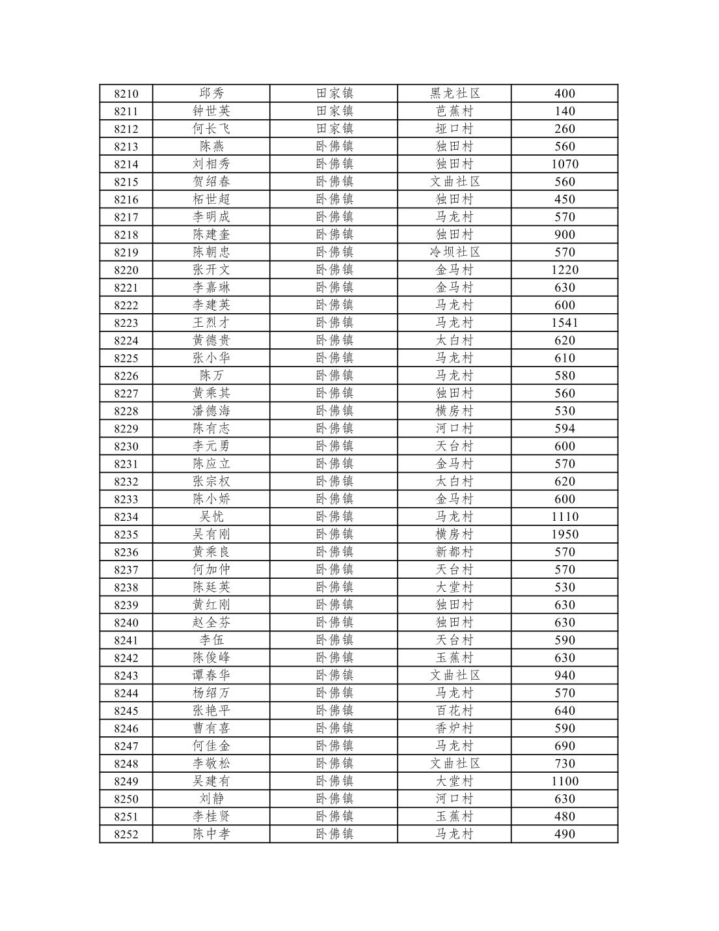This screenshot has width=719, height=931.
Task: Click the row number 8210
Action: (x=126, y=94)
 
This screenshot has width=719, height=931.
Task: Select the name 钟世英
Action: (x=211, y=111)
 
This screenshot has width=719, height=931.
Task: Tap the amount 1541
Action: (x=564, y=323)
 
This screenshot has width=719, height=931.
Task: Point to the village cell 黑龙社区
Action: (x=455, y=94)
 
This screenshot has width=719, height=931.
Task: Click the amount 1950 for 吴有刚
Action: (x=564, y=535)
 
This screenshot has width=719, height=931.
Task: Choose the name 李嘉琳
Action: (x=211, y=288)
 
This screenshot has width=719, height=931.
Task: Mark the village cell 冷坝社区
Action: (x=455, y=253)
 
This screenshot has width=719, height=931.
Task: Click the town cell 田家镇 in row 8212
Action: (x=334, y=129)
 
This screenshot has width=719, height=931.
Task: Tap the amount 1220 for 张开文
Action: (x=564, y=270)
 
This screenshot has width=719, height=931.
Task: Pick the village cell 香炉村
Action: (x=455, y=729)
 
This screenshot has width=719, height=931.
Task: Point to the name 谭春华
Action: (x=211, y=676)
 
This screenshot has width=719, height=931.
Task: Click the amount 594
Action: (x=564, y=428)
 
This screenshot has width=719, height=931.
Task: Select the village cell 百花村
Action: (x=455, y=711)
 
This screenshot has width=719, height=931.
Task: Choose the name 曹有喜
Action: (x=211, y=729)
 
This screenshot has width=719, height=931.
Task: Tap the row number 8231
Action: (x=126, y=464)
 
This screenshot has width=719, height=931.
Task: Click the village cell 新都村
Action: (x=455, y=552)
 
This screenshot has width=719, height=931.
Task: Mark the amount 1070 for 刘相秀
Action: (x=564, y=164)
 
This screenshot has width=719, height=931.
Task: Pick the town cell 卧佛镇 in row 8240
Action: (x=334, y=622)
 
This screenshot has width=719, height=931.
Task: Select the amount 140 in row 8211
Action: (x=564, y=111)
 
